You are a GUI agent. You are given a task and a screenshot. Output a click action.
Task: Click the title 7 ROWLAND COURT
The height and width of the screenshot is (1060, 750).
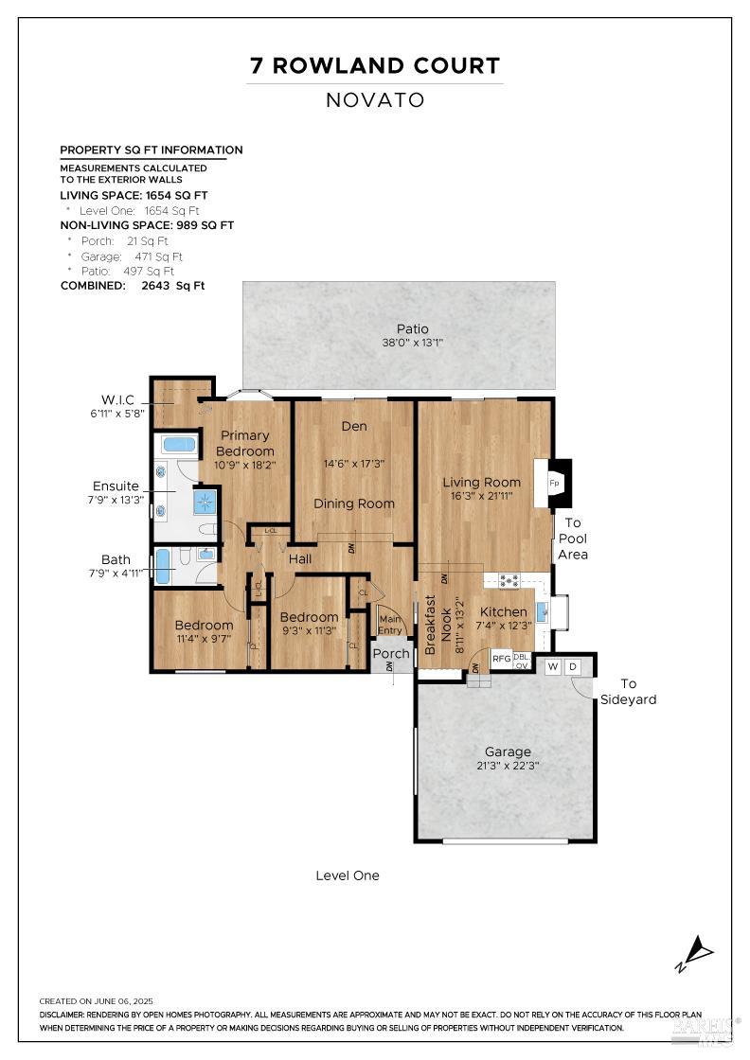(x=375, y=65)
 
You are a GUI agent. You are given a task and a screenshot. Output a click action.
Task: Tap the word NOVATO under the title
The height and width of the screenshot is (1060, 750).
(x=375, y=99)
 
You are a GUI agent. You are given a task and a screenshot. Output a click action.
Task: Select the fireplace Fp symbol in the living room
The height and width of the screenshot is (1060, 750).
(x=555, y=483)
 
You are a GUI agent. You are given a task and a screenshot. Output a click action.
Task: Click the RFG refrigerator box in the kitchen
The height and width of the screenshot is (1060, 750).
(x=501, y=659)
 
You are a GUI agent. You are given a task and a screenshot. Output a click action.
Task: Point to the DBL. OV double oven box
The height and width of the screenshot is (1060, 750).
(x=522, y=660)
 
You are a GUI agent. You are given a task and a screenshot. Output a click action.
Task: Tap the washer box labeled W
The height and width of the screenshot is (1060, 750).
(x=552, y=667)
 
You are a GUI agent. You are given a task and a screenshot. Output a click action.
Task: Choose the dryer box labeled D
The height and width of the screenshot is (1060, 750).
(x=572, y=667)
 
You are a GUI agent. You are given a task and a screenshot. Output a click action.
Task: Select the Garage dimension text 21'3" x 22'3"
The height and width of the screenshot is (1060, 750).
(x=508, y=766)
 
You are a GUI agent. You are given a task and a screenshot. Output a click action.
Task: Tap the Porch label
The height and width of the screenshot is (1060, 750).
(x=390, y=653)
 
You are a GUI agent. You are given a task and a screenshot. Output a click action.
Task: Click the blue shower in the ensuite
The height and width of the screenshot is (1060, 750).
(x=205, y=501)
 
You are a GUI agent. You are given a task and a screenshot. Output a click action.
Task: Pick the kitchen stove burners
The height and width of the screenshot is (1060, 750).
(x=508, y=579)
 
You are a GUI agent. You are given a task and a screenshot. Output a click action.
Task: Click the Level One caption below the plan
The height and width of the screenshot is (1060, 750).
(x=348, y=875)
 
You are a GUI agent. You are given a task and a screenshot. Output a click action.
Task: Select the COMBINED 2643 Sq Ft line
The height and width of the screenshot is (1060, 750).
(x=133, y=285)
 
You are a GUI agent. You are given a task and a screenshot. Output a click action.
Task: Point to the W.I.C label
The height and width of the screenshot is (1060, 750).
(x=120, y=405)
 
